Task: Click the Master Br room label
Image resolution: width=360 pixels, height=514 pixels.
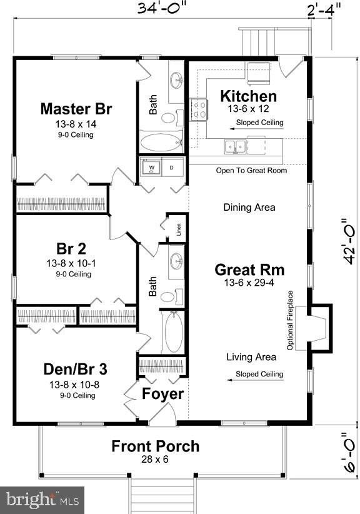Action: coord(76,109)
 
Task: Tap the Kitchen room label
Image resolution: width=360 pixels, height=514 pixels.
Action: coord(249,96)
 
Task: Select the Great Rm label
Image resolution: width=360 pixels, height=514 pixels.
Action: coord(249,270)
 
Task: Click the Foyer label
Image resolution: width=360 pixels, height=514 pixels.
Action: coord(162,394)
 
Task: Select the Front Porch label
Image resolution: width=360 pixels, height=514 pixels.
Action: coord(156,446)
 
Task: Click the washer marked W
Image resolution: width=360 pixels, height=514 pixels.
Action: coord(151,168)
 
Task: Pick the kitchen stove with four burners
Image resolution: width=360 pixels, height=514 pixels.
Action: coord(199,110)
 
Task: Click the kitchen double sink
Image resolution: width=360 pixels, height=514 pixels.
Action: coord(236,146)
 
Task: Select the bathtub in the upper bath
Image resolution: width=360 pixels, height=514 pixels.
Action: coord(160,142)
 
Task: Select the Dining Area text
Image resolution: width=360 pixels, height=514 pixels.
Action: coord(249,207)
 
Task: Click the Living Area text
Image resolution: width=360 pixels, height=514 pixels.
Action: coord(251,357)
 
